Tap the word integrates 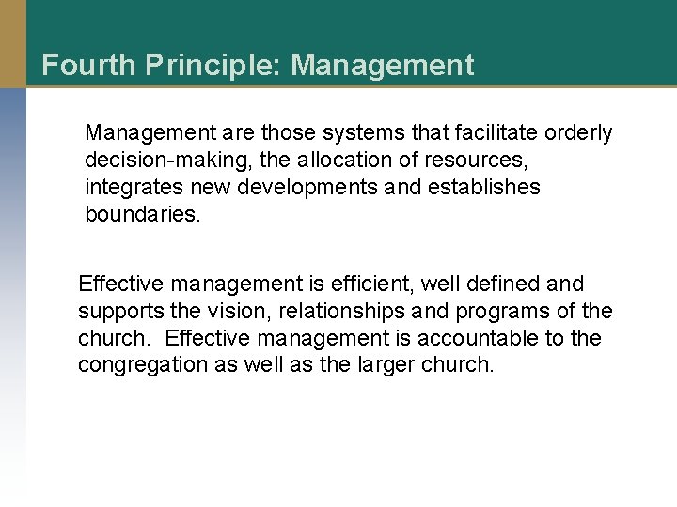129,188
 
